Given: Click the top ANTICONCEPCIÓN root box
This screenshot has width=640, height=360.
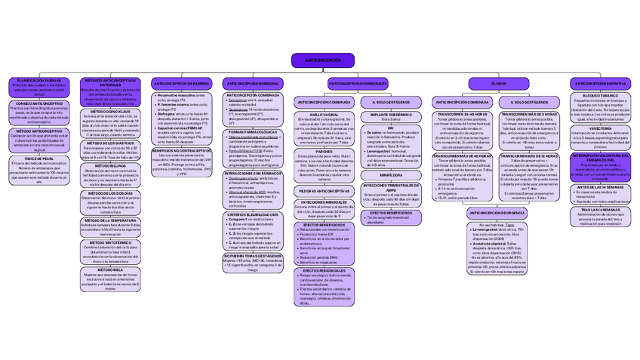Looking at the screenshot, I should [322, 60].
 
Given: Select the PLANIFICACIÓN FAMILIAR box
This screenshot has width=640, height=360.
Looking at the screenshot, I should [39, 80].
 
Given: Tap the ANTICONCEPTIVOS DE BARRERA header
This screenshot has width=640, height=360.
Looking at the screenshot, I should [181, 83].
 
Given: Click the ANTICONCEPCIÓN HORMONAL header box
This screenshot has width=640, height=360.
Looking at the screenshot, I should [254, 83].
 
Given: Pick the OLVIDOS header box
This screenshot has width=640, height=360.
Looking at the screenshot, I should [499, 83].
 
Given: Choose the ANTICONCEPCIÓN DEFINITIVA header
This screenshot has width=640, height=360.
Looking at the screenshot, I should [600, 83].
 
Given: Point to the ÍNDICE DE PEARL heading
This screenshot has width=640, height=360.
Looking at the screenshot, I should [39, 158].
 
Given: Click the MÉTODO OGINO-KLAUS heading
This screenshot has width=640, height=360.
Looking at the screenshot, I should [110, 111].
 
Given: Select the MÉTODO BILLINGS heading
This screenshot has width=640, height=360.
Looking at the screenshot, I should [110, 166].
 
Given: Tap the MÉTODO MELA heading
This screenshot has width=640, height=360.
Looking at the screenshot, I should [110, 269].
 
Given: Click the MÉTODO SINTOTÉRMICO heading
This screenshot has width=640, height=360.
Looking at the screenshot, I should [110, 242].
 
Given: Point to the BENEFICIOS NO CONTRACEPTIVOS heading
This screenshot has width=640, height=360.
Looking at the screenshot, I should [181, 150].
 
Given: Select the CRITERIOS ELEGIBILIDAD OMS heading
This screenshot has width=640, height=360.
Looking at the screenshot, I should [254, 214].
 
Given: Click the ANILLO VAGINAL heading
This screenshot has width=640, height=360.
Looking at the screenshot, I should [324, 115].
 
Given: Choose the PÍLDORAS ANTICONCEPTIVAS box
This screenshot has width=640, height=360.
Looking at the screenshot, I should [324, 191].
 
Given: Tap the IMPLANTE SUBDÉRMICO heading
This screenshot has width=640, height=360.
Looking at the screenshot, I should [391, 115].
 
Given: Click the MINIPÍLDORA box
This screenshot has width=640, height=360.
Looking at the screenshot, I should [391, 175].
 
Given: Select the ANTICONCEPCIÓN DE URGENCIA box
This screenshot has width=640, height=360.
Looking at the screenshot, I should [497, 213].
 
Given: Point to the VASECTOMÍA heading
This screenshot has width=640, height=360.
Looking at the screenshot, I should [600, 128].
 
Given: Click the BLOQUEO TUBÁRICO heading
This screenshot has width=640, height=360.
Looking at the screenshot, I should [600, 96].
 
